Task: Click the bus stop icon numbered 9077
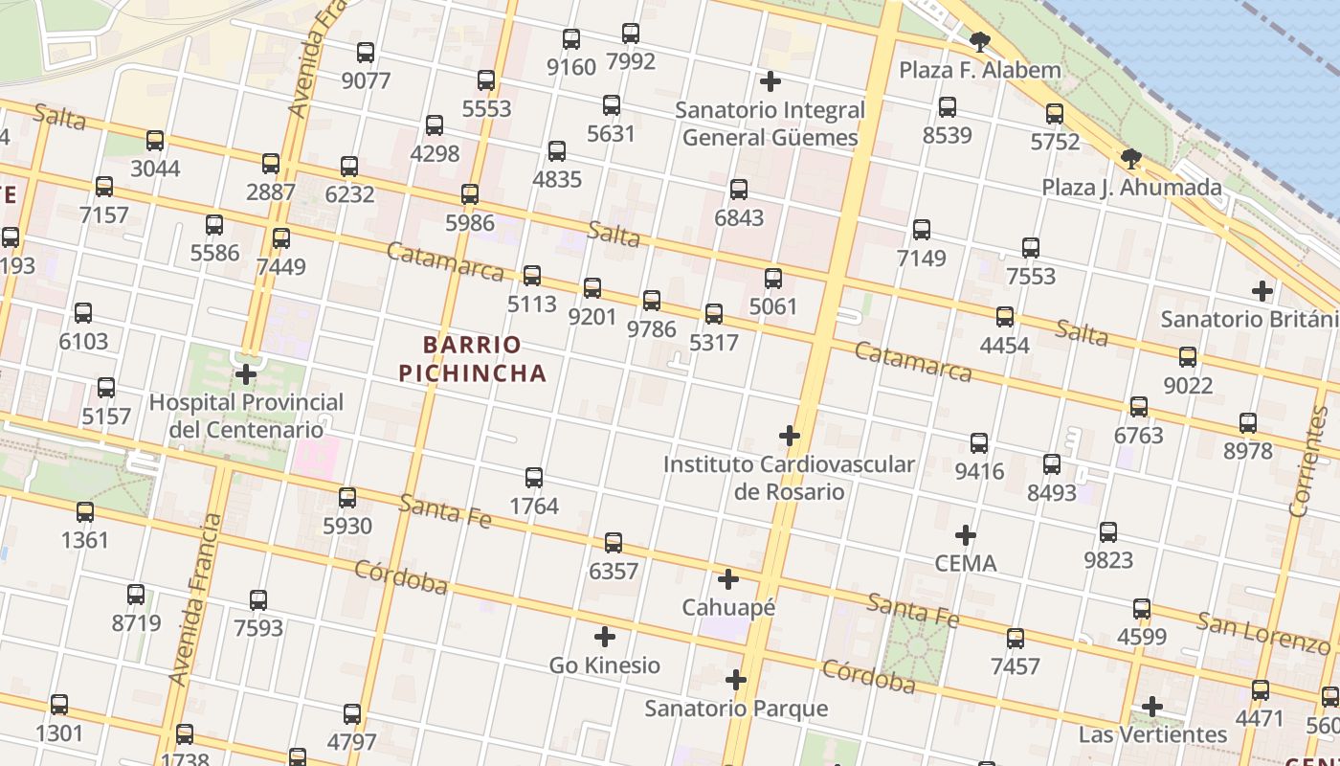[366, 53]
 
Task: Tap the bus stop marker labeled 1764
[534, 478]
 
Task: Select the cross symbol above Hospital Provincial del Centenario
[246, 373]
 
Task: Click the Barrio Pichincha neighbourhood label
[473, 358]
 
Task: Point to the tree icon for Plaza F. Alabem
[979, 42]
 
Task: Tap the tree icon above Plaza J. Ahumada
[1130, 159]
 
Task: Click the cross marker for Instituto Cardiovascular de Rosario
[790, 437]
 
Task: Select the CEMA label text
[966, 563]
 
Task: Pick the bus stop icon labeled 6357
[614, 544]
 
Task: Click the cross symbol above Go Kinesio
[605, 637]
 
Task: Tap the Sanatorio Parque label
[736, 709]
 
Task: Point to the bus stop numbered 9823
[1108, 532]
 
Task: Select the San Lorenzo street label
[1263, 633]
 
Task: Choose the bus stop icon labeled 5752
[1055, 114]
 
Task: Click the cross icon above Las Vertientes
[1152, 707]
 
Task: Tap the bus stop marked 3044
[155, 141]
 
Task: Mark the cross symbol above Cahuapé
[728, 579]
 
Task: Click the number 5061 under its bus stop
[773, 306]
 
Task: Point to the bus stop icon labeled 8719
[136, 595]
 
